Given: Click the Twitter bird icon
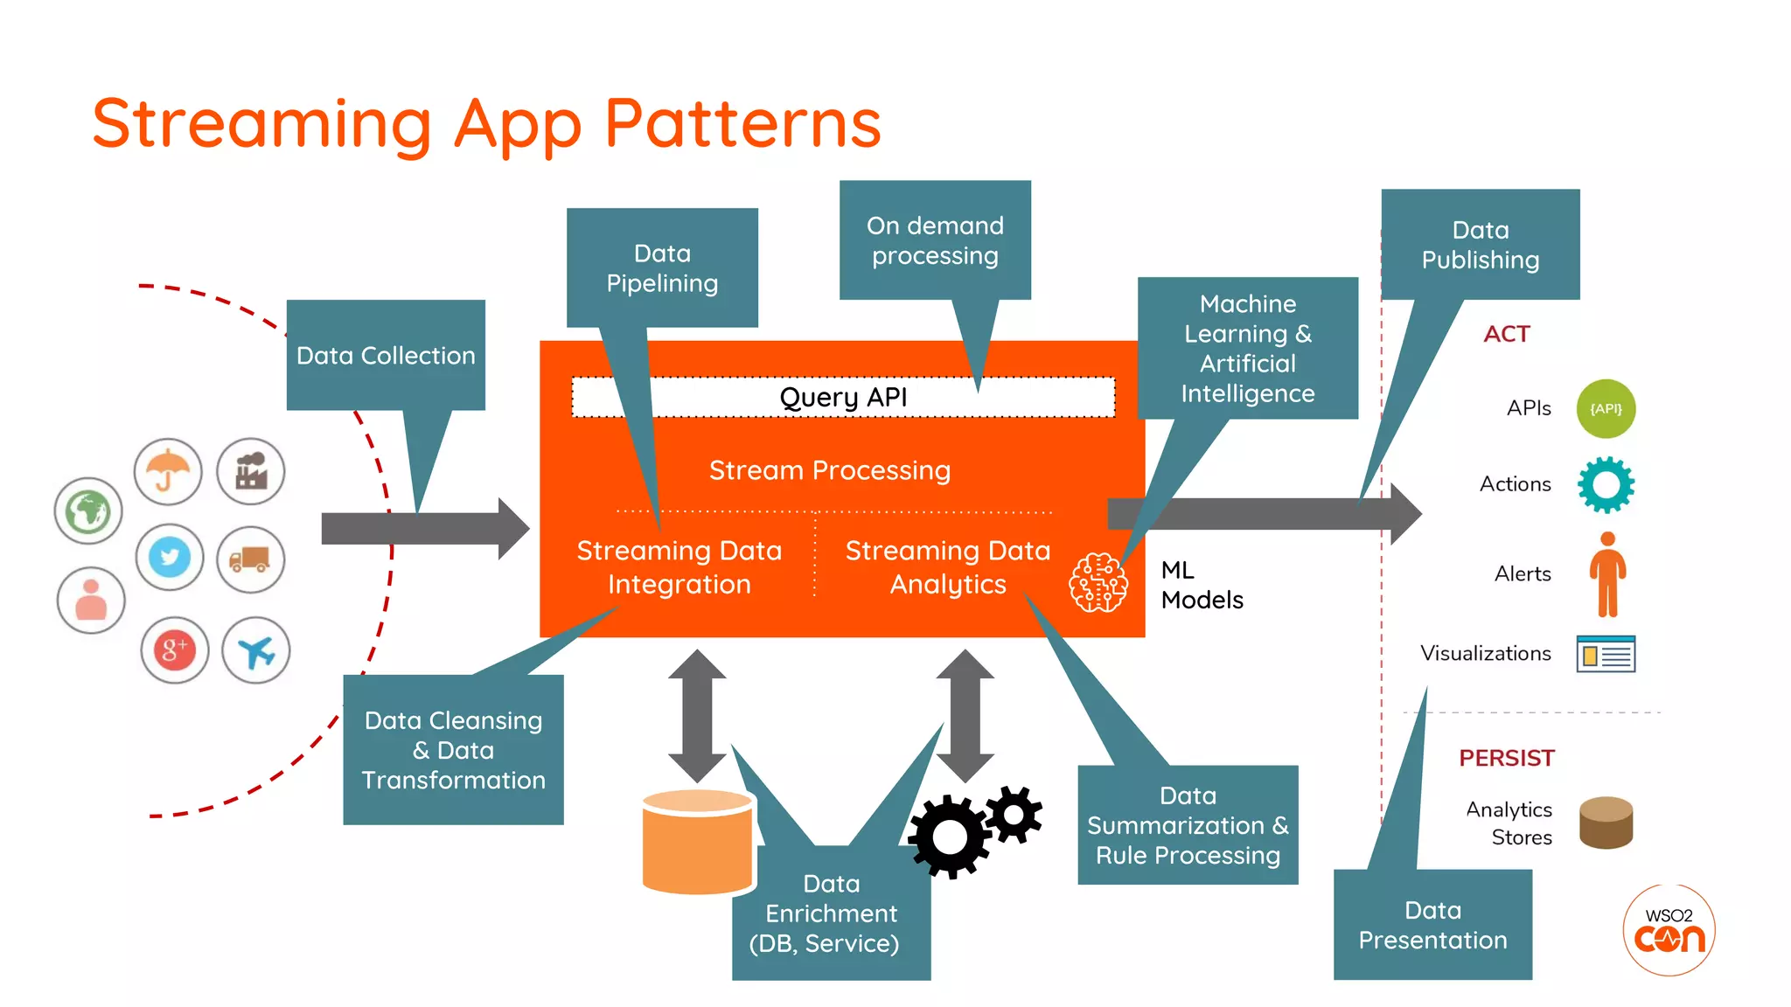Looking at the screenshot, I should (170, 558).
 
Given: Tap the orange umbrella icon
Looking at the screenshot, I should (168, 472).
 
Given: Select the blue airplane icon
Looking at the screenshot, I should (255, 650).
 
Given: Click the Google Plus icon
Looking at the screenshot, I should (174, 650).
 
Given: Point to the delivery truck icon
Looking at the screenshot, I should (250, 559).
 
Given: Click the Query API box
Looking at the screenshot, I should (843, 398).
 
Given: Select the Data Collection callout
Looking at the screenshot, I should (386, 356).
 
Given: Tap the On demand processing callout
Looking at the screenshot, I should (935, 240).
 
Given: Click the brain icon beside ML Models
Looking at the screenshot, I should (1098, 583).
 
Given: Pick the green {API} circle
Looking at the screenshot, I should (1606, 409).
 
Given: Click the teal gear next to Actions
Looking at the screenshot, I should (1606, 484).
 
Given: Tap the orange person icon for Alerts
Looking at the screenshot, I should (1607, 574).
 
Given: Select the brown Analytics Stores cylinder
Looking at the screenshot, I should (1606, 823).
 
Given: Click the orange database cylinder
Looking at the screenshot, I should (698, 842).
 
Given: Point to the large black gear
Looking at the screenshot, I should (950, 837).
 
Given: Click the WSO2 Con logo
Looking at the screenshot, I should (1669, 930).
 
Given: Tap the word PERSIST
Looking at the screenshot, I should (1506, 758).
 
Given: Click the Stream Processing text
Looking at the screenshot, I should (829, 470).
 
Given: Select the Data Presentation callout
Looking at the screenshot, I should (1432, 925).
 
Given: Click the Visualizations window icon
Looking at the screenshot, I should (1606, 654).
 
